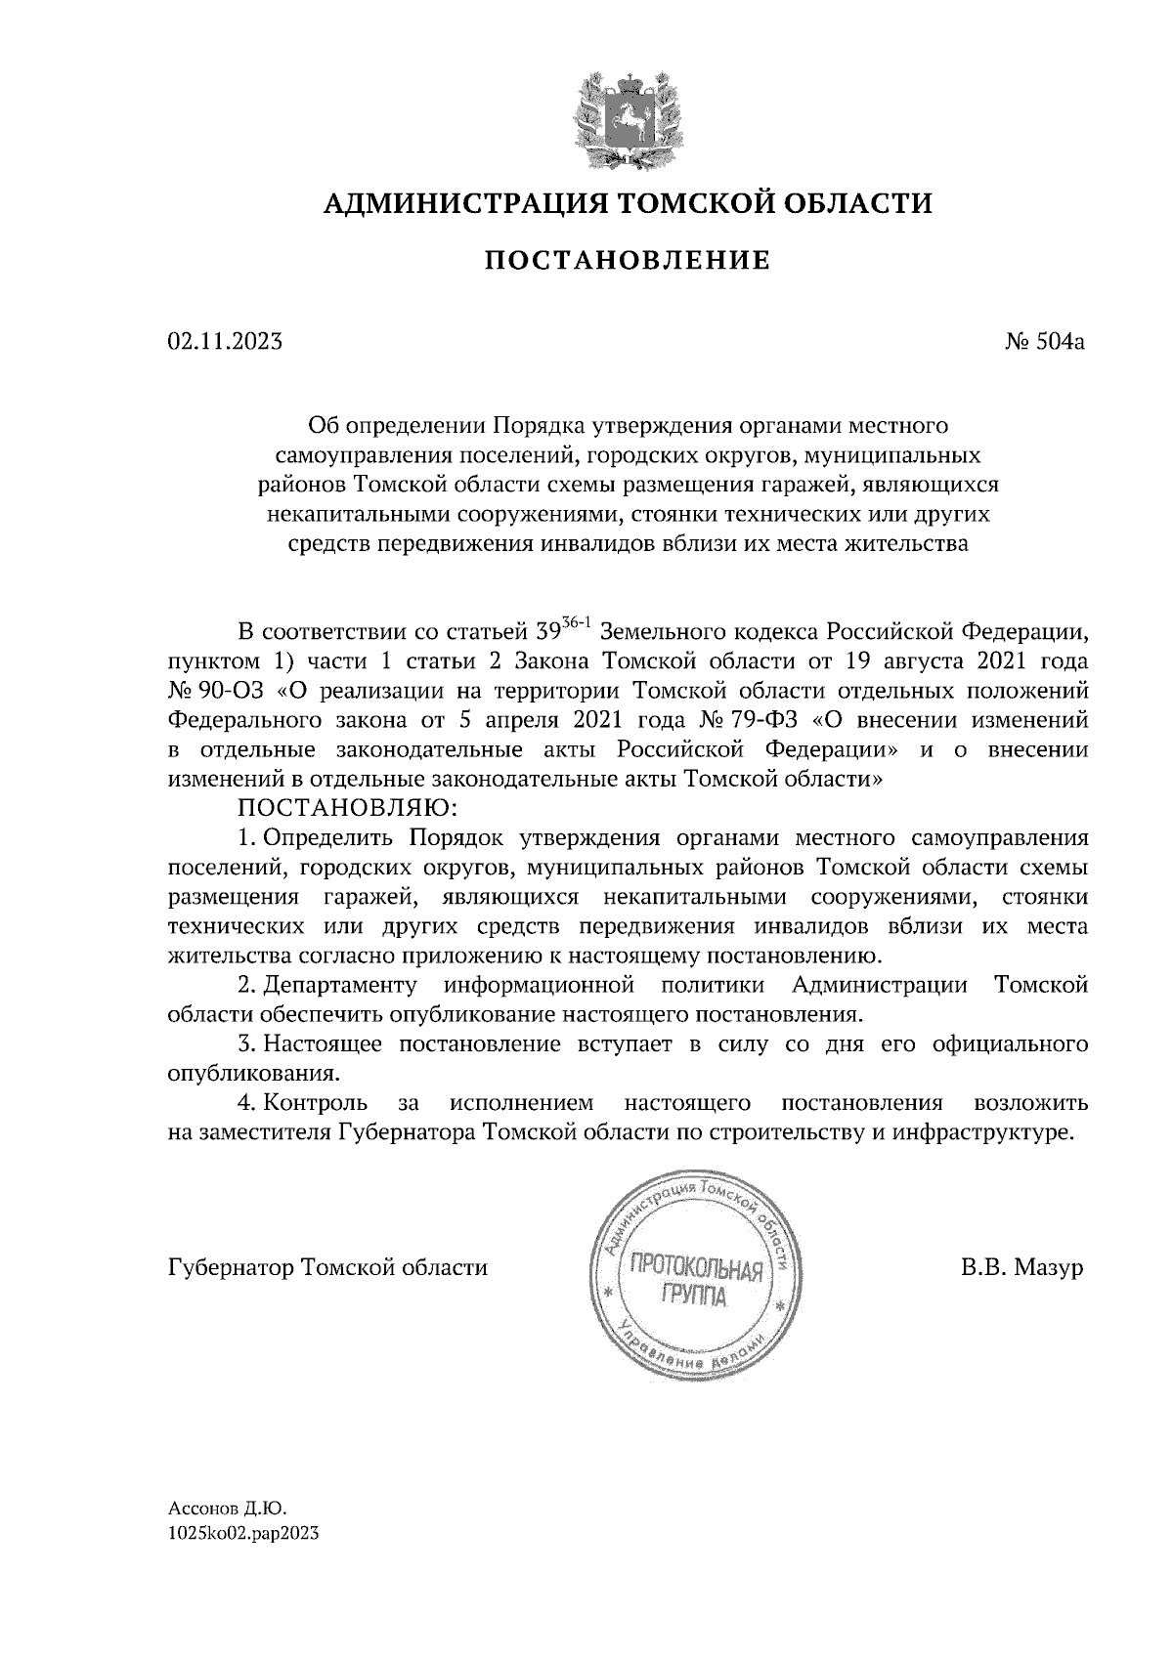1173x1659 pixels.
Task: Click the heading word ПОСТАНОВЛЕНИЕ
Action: point(628,261)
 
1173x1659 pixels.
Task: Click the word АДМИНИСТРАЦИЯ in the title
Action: point(456,203)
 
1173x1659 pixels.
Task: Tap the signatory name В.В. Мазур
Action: point(1021,1268)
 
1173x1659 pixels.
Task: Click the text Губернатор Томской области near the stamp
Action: point(327,1268)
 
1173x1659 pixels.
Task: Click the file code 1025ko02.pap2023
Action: point(244,1534)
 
